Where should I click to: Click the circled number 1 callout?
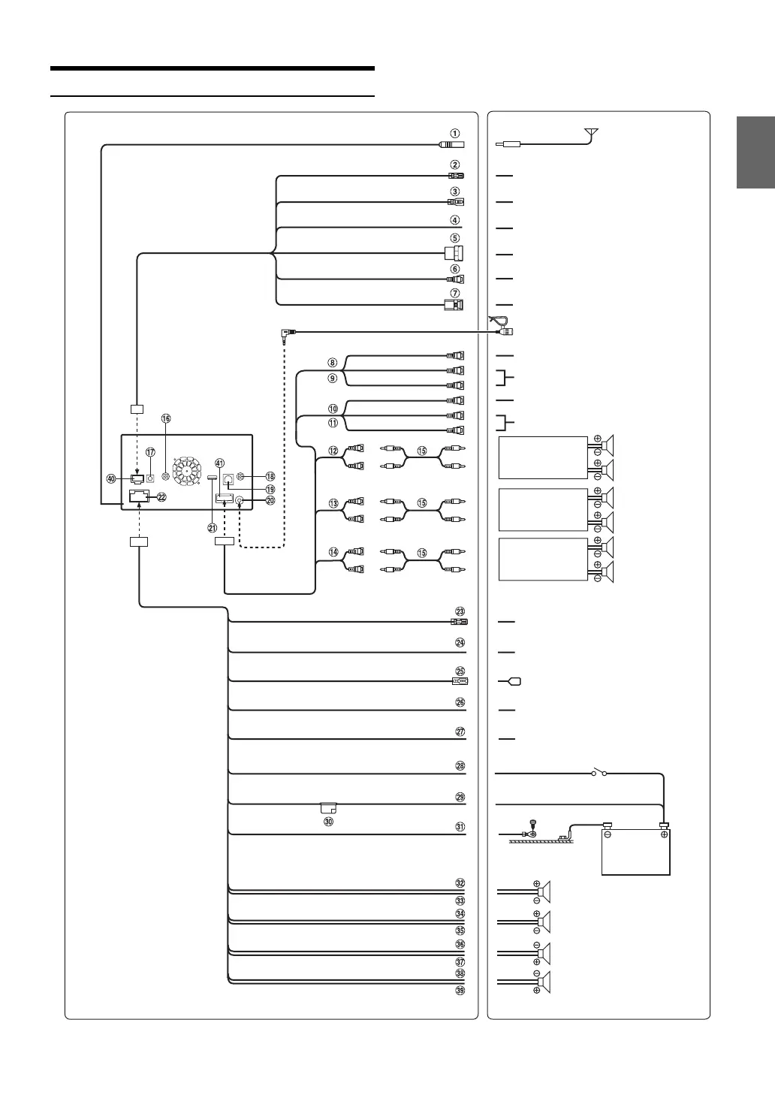pyautogui.click(x=455, y=134)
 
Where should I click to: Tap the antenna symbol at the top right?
pyautogui.click(x=592, y=134)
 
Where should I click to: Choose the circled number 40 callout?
pyautogui.click(x=111, y=478)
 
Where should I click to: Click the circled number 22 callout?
pyautogui.click(x=161, y=496)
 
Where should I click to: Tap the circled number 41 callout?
pyautogui.click(x=220, y=463)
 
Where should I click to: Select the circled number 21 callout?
pyautogui.click(x=213, y=527)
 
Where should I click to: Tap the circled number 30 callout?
pyautogui.click(x=328, y=822)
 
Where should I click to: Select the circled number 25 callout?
pyautogui.click(x=460, y=671)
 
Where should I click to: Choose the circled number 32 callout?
pyautogui.click(x=460, y=883)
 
